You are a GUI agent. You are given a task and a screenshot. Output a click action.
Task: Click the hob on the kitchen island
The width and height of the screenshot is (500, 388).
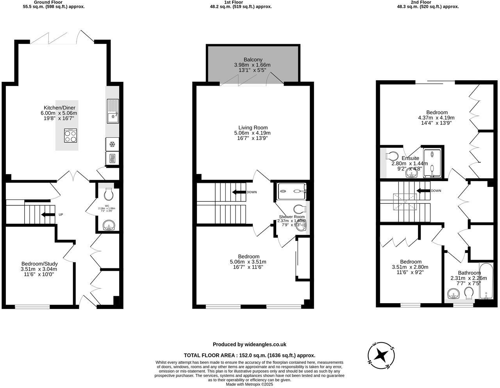pyautogui.click(x=71, y=136)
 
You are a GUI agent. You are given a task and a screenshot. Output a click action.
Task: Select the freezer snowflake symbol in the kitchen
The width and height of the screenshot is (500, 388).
pyautogui.click(x=112, y=144)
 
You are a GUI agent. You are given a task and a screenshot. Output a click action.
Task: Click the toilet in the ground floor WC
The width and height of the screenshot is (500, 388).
pyautogui.click(x=109, y=194)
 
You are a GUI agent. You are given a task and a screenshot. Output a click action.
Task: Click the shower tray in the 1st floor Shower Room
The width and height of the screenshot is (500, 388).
pyautogui.click(x=292, y=191)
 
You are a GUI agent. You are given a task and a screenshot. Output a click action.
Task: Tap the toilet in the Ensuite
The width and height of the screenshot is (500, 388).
pyautogui.click(x=393, y=156)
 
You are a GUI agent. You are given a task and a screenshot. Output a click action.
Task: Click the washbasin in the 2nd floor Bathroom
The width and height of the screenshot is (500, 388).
pyautogui.click(x=454, y=293)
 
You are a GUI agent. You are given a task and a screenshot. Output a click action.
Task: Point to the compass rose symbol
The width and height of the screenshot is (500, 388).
pyautogui.click(x=381, y=356)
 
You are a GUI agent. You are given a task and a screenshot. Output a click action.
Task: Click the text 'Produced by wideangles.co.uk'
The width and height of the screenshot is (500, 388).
pyautogui.click(x=249, y=345)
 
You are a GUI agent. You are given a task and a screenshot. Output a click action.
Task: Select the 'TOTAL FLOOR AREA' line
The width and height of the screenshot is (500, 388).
pyautogui.click(x=249, y=356)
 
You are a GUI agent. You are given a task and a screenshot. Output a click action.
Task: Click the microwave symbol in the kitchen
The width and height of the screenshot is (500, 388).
pyautogui.click(x=112, y=158)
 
